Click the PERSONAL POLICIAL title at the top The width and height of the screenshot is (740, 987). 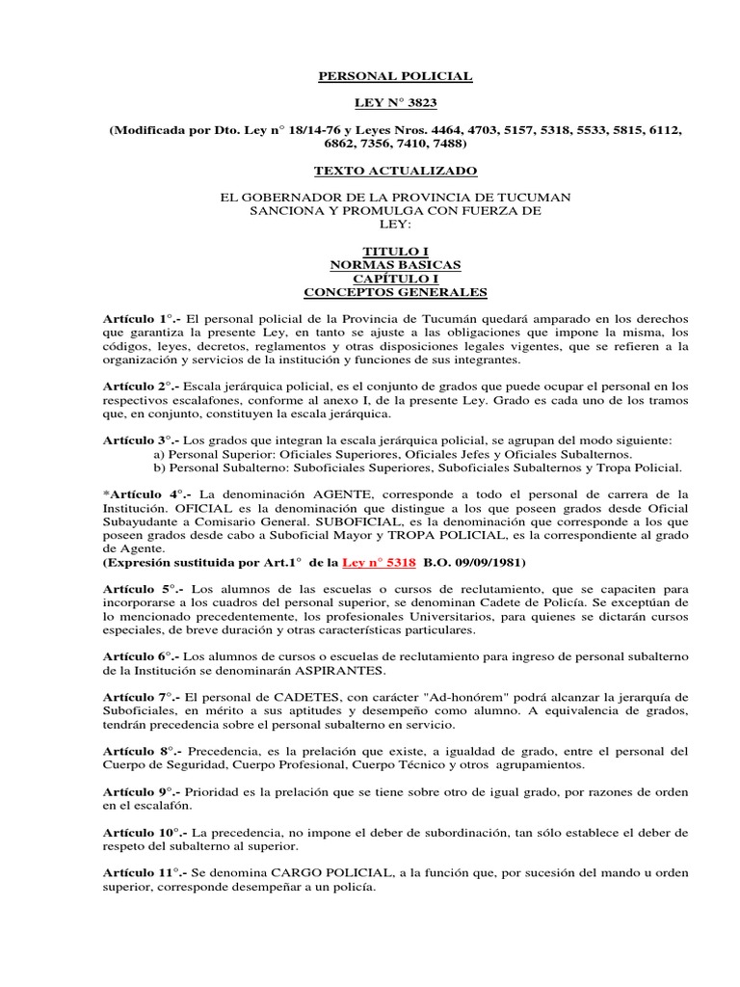pos(396,76)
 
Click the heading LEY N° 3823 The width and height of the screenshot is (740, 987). pos(396,102)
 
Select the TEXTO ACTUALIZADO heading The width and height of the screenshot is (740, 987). pos(396,171)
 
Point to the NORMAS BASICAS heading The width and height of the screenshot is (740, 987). pos(396,264)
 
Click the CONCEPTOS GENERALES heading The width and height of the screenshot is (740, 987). pos(396,292)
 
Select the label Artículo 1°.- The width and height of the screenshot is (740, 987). pos(143,319)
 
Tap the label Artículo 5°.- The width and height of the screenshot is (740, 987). pos(143,588)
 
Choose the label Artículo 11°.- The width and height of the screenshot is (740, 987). pos(146,874)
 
